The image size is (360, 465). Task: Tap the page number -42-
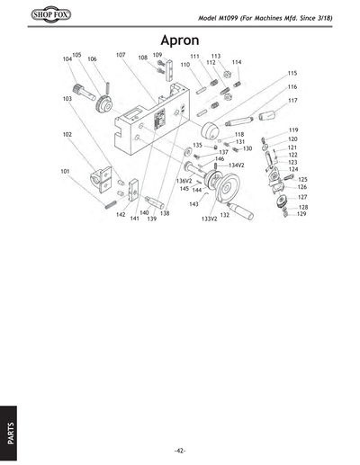(180, 450)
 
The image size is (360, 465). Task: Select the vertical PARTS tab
(9, 433)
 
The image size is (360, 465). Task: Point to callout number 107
(121, 55)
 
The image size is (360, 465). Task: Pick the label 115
(292, 73)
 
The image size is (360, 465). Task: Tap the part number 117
(292, 101)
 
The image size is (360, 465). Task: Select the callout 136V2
(184, 181)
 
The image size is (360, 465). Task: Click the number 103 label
(67, 98)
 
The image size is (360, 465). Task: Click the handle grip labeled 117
(269, 116)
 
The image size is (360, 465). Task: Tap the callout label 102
(67, 135)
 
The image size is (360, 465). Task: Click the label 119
(293, 130)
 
